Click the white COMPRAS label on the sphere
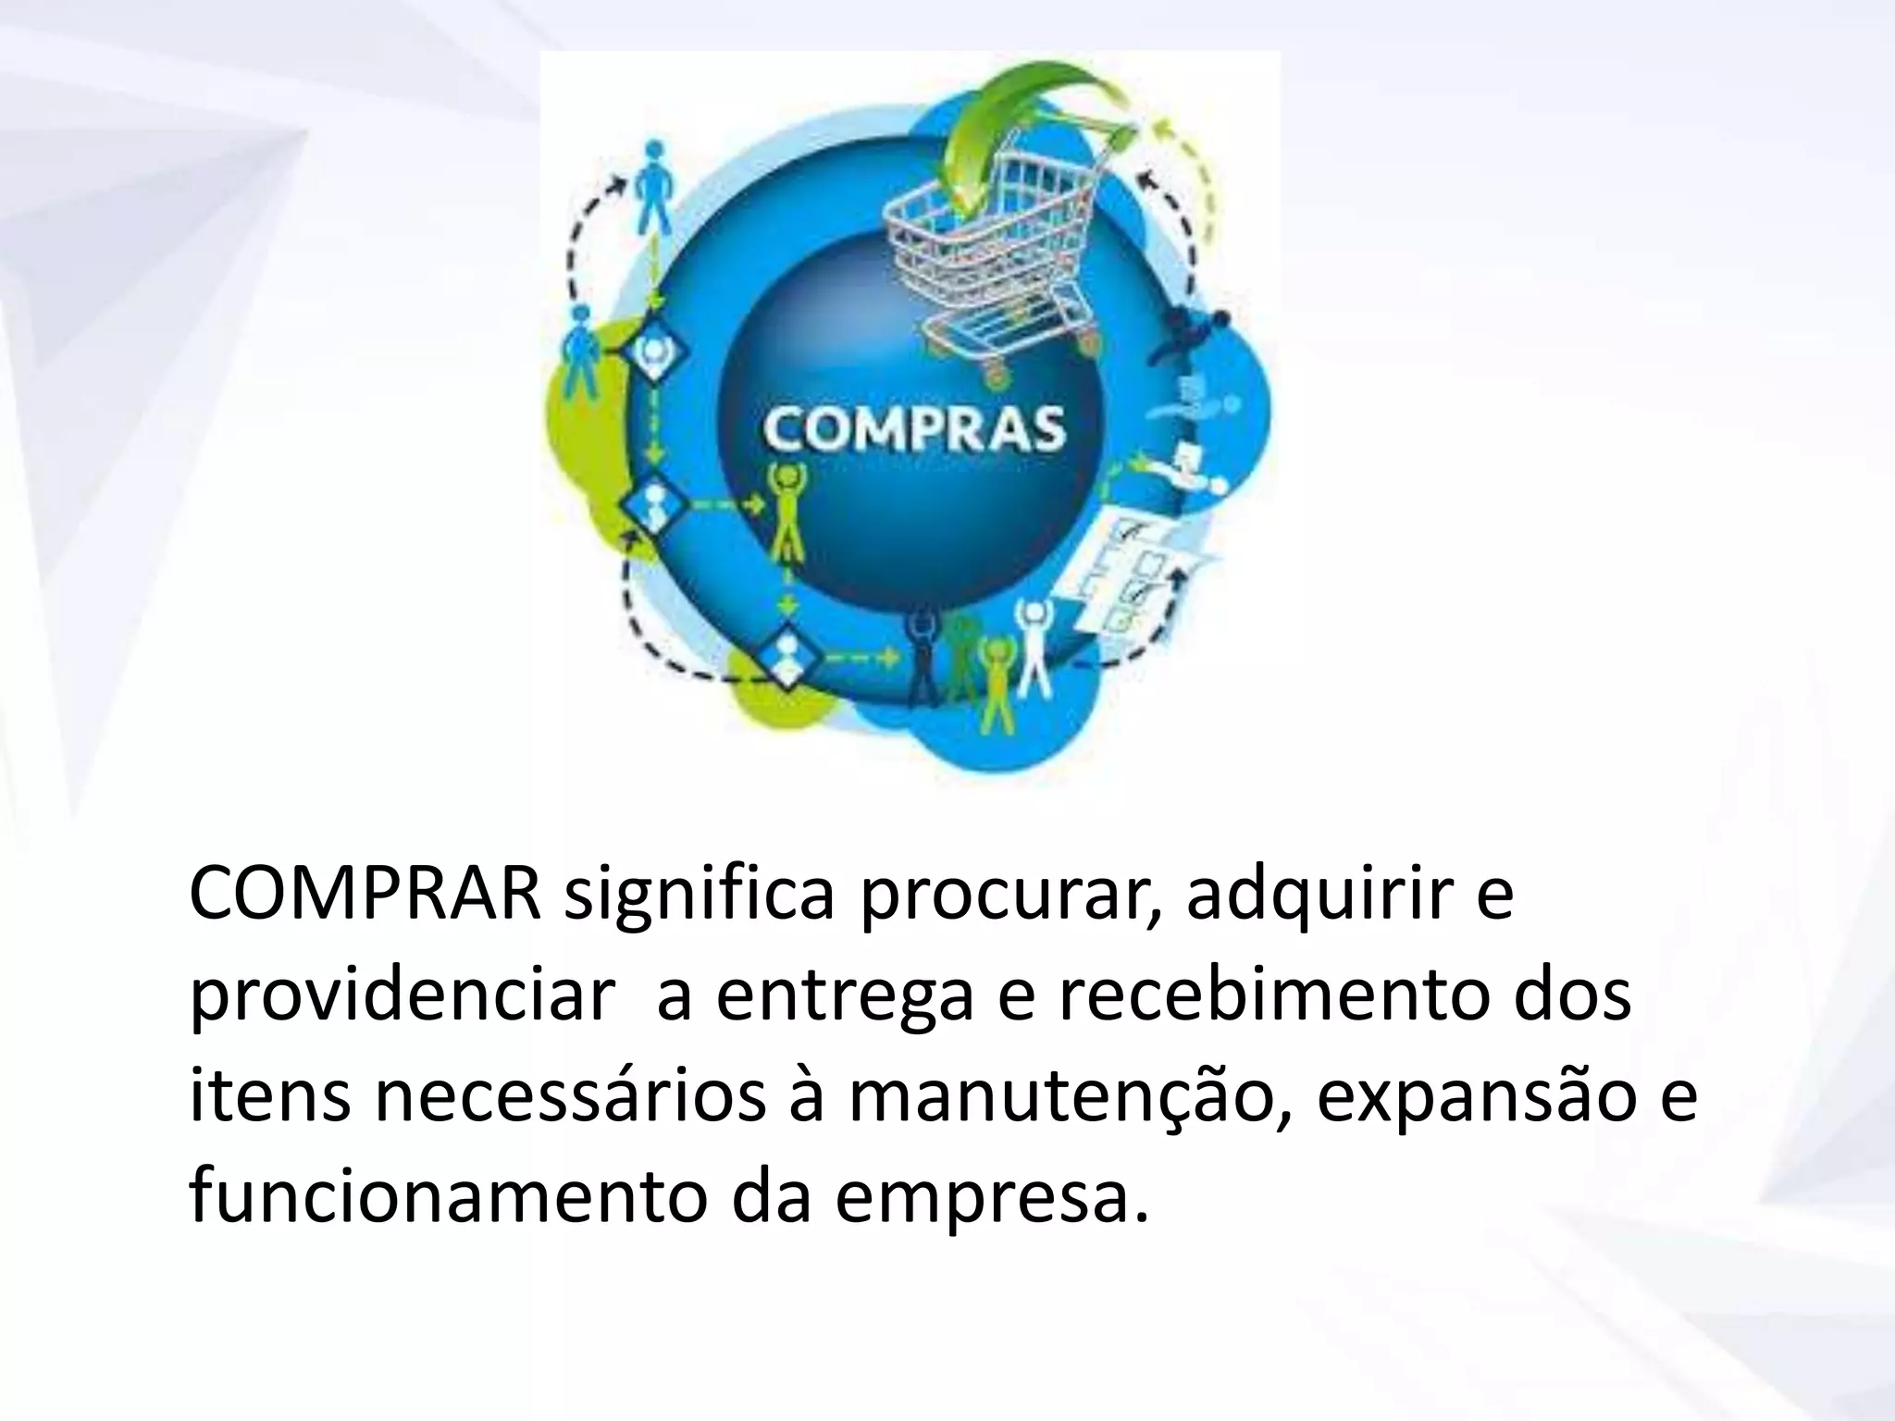click(x=914, y=427)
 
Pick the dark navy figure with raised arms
click(x=923, y=657)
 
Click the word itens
click(x=268, y=1103)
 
